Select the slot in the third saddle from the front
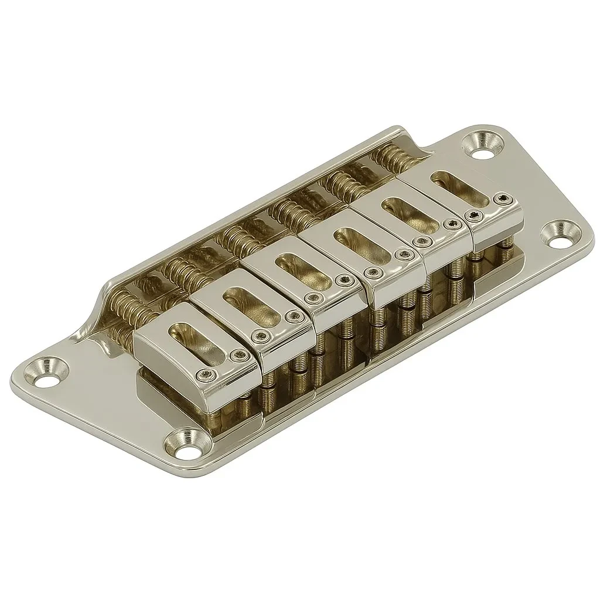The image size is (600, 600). (299, 267)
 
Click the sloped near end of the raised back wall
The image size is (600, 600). (103, 305)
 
